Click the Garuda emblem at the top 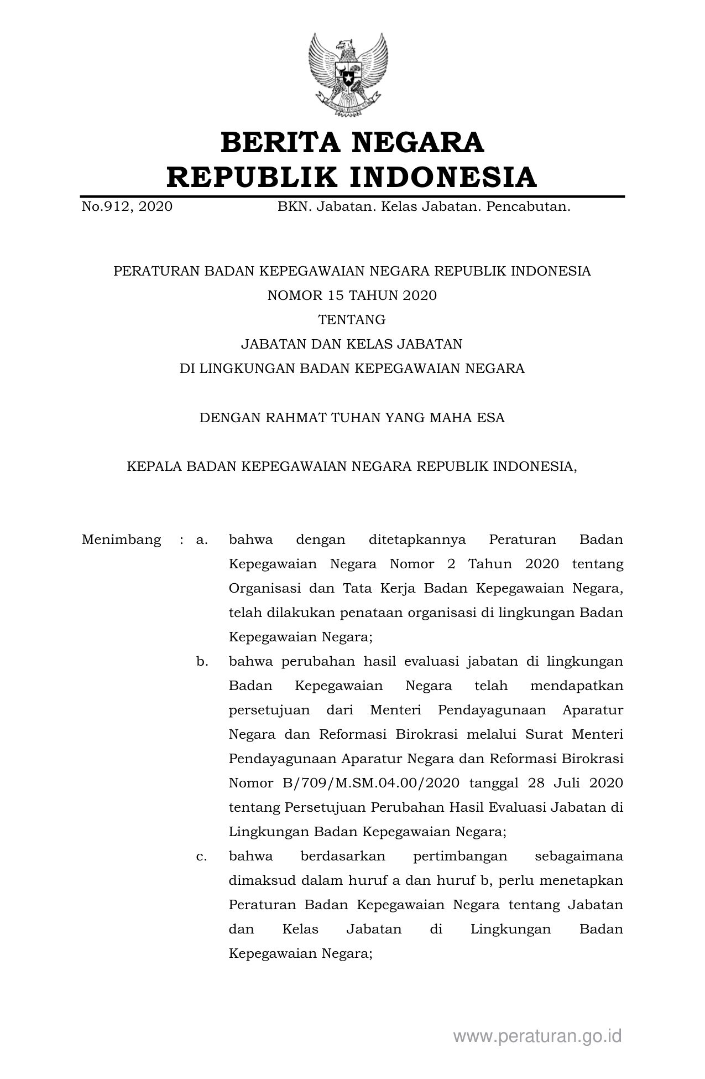pos(348,75)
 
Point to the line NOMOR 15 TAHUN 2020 pos(352,295)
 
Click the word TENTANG pos(352,320)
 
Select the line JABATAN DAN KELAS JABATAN pos(352,344)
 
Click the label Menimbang pos(121,539)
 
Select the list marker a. pos(201,539)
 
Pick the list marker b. pos(202,661)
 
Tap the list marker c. pos(201,856)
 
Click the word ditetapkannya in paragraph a pos(417,539)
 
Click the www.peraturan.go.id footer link pos(537,1036)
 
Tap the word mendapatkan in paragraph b pos(576,686)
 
